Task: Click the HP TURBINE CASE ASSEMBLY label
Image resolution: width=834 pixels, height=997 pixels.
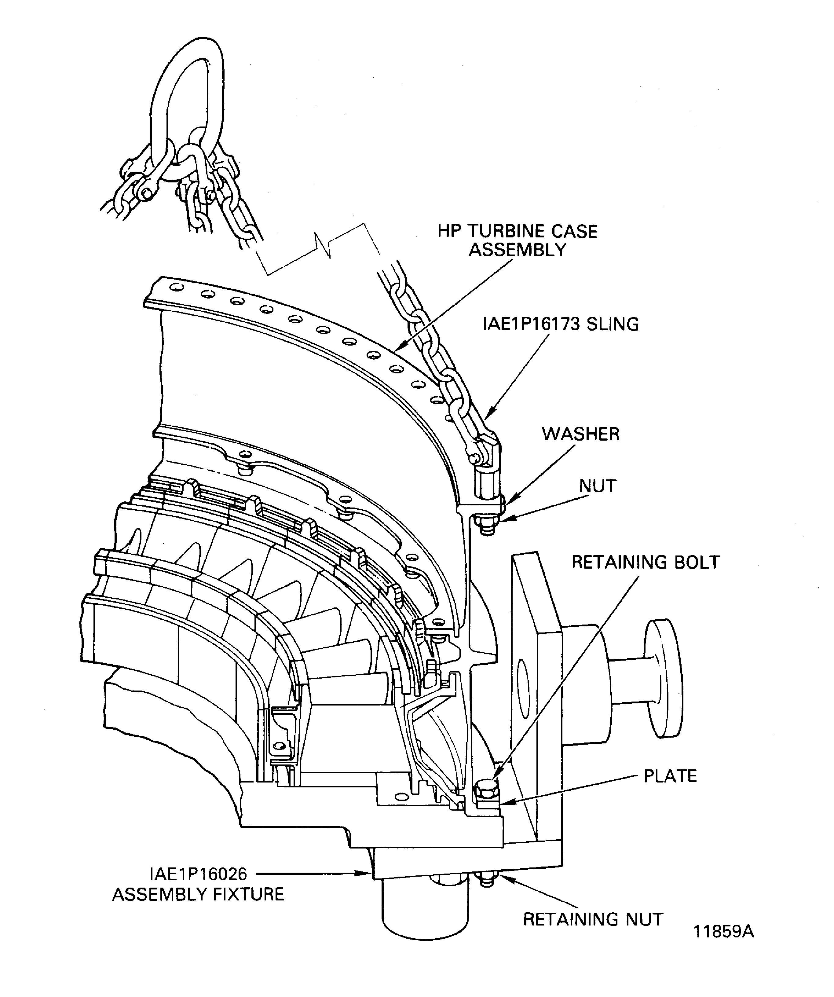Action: [x=518, y=240]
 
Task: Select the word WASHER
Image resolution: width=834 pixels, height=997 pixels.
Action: [x=580, y=434]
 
